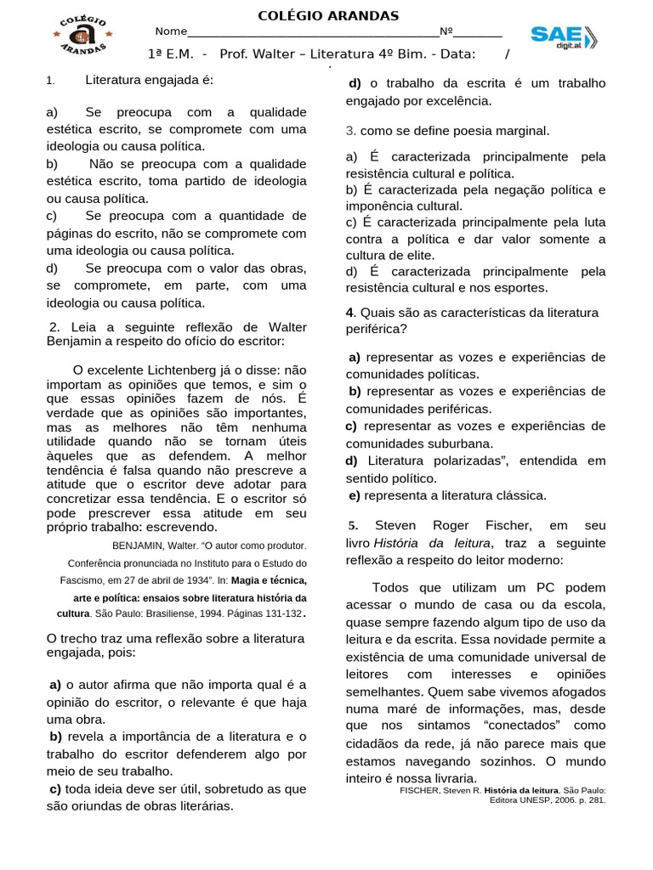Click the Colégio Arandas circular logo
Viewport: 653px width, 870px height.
tap(82, 37)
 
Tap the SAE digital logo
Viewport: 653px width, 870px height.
tap(564, 37)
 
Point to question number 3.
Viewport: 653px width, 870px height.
tap(350, 131)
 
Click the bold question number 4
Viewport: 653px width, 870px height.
tap(349, 313)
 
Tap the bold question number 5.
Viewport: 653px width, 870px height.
tap(353, 524)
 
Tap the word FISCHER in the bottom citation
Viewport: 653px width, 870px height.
tap(418, 789)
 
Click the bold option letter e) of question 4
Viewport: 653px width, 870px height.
tap(354, 495)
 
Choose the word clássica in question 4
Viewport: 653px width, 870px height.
tap(520, 495)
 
